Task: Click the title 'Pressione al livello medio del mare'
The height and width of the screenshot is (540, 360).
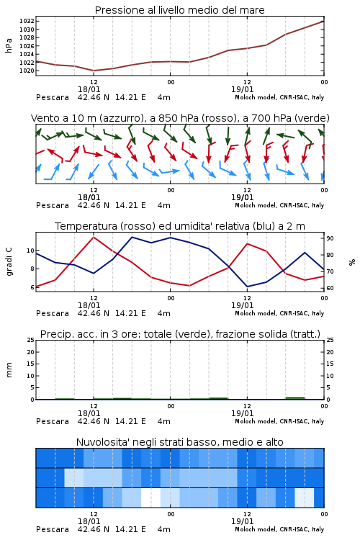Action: click(180, 10)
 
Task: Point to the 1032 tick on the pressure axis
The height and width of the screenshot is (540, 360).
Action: click(27, 21)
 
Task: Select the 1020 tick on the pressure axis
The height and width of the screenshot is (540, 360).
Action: click(27, 71)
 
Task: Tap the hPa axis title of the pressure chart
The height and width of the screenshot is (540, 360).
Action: click(9, 45)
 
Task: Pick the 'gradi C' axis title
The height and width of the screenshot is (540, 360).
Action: click(9, 261)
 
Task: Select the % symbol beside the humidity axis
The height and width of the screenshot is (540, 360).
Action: click(352, 262)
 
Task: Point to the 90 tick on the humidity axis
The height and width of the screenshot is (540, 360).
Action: click(330, 238)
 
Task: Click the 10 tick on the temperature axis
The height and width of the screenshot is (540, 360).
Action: click(30, 251)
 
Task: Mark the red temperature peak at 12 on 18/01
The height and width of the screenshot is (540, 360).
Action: click(94, 237)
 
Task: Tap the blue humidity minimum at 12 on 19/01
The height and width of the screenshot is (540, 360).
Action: click(247, 287)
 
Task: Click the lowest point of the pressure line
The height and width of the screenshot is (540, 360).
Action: click(94, 71)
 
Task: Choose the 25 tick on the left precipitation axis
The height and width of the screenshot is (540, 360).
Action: click(30, 340)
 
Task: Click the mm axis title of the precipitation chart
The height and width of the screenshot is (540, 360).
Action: click(9, 370)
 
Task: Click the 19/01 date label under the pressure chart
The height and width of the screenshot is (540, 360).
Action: click(243, 89)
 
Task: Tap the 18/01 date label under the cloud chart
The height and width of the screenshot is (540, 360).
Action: click(89, 521)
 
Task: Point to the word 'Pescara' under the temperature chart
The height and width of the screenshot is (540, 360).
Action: click(53, 313)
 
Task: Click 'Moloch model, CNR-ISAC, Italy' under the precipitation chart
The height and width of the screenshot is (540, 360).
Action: click(279, 421)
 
